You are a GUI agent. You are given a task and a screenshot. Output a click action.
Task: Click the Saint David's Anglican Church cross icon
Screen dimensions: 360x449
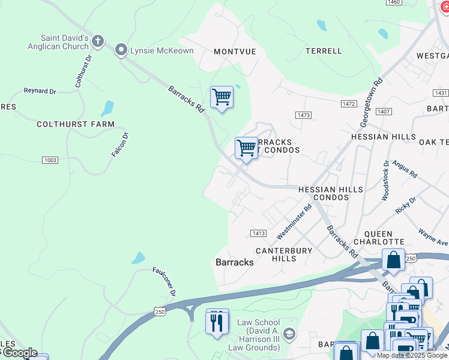coord(98,41)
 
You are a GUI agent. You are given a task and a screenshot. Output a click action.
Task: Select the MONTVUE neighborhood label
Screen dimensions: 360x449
coord(235,52)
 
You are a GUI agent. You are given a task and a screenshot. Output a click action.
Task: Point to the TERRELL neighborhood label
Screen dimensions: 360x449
coord(324,51)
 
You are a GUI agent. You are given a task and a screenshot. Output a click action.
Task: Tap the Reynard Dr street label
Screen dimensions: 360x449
coord(40,91)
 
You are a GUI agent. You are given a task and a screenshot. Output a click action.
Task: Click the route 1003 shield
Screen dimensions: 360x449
coord(50,160)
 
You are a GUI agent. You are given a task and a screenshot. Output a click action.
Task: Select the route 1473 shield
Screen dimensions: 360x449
coord(303,115)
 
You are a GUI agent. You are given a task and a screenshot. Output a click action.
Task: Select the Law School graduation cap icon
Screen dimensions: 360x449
coord(289,334)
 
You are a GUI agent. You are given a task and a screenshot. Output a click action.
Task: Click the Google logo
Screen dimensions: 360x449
coord(19,353)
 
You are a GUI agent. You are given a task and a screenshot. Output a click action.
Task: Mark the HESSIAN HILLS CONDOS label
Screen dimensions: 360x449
coord(331,193)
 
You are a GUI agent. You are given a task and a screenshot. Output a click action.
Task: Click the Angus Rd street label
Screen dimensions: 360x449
coord(404,169)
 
